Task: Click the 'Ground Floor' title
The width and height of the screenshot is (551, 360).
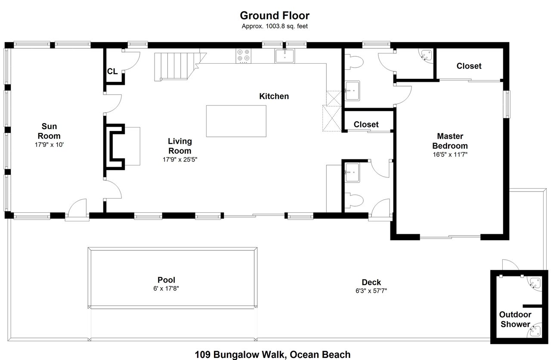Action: pyautogui.click(x=274, y=16)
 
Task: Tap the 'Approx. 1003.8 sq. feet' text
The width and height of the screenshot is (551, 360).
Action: pyautogui.click(x=274, y=26)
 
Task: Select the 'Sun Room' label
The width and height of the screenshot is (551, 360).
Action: pyautogui.click(x=49, y=131)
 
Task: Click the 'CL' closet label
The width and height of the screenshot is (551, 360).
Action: pyautogui.click(x=112, y=71)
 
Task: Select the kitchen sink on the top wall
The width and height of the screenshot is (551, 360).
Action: pyautogui.click(x=285, y=56)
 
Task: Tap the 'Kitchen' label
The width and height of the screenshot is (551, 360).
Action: pyautogui.click(x=274, y=96)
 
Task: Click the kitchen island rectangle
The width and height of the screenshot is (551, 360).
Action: pyautogui.click(x=236, y=121)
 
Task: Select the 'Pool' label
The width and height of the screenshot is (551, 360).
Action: pyautogui.click(x=166, y=280)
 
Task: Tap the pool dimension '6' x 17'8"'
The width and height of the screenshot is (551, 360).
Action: pyautogui.click(x=166, y=289)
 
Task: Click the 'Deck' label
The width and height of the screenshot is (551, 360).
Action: pyautogui.click(x=371, y=282)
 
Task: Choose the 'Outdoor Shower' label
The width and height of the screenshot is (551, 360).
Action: pyautogui.click(x=515, y=319)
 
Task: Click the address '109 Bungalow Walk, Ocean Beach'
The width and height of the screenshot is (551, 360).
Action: pyautogui.click(x=272, y=354)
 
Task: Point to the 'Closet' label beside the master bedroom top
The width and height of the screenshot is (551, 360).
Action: pyautogui.click(x=469, y=66)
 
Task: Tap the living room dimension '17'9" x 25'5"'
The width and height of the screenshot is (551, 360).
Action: pyautogui.click(x=180, y=159)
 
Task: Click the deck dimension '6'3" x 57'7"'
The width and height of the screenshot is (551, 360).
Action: pyautogui.click(x=371, y=291)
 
